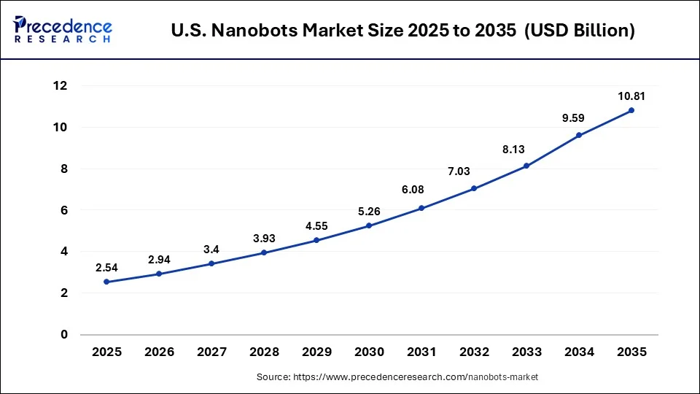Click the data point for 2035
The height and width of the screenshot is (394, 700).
631,110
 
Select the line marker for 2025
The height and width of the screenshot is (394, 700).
106,282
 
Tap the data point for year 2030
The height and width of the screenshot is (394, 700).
369,225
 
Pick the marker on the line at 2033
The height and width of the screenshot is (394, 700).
526,166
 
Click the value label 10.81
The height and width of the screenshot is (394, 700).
631,96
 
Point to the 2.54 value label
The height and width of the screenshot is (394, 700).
106,268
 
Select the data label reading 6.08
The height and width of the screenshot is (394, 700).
421,190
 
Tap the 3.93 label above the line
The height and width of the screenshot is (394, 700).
264,239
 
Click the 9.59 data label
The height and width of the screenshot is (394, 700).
579,117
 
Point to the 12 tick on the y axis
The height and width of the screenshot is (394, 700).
60,86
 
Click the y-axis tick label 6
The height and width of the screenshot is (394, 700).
63,210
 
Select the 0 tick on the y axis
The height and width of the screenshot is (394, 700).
63,334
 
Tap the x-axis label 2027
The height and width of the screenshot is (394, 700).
211,352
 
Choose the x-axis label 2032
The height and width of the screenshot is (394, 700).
474,352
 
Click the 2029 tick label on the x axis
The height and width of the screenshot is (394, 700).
316,352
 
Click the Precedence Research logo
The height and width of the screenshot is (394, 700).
63,28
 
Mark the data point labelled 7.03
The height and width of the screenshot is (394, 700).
474,188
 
